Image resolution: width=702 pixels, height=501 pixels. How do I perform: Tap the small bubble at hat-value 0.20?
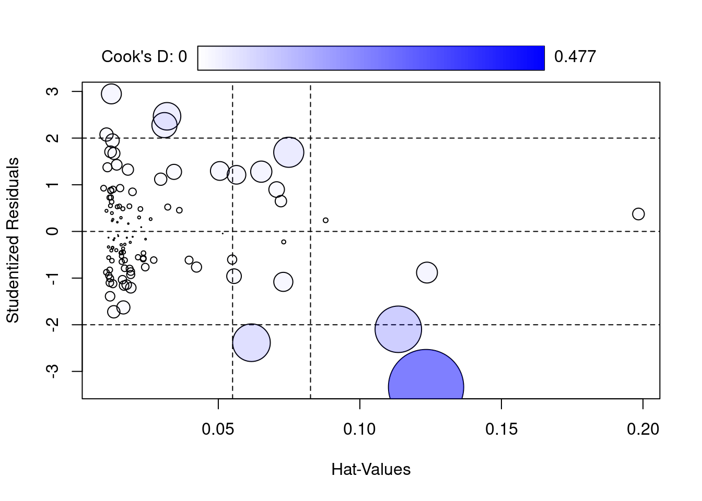click(638, 214)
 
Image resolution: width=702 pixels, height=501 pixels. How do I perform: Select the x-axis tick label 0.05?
click(218, 430)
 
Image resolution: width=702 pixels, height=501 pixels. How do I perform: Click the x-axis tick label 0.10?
click(360, 430)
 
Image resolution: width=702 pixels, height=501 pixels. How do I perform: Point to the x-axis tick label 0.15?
click(501, 430)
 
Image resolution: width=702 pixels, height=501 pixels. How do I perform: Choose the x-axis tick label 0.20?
click(642, 430)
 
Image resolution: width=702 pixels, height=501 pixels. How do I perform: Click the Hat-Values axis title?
click(371, 470)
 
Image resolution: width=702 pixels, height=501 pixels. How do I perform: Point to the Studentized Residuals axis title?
click(13, 240)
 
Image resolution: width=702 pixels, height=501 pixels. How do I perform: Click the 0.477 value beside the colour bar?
click(575, 56)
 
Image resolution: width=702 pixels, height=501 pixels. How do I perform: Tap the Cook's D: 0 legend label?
click(144, 56)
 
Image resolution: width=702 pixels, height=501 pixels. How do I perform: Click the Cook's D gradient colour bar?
click(371, 57)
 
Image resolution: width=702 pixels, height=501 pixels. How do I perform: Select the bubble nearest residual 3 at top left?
click(111, 94)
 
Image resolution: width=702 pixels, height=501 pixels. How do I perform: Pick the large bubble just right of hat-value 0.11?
click(398, 329)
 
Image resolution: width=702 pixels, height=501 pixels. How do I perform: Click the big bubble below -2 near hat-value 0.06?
click(251, 342)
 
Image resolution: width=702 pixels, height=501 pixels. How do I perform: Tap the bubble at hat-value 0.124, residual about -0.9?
click(427, 272)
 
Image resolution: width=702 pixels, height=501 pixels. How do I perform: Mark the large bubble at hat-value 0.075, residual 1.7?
click(288, 152)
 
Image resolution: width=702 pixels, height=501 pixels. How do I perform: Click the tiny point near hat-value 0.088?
click(325, 220)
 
